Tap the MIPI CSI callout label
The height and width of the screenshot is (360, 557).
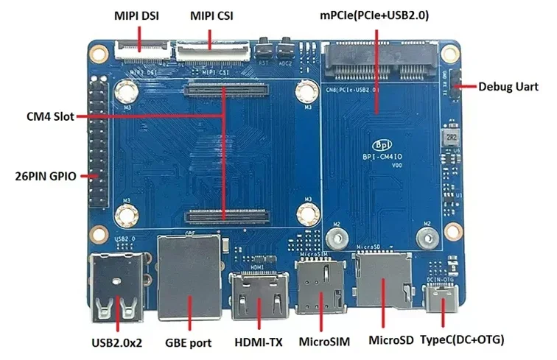point(211,15)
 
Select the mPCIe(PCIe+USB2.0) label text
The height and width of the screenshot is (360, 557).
point(376,15)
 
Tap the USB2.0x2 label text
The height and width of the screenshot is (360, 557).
point(117,342)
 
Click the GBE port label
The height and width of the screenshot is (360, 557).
point(189,342)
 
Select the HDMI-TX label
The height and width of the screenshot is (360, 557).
point(256,342)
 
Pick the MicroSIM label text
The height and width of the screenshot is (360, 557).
point(323,342)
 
